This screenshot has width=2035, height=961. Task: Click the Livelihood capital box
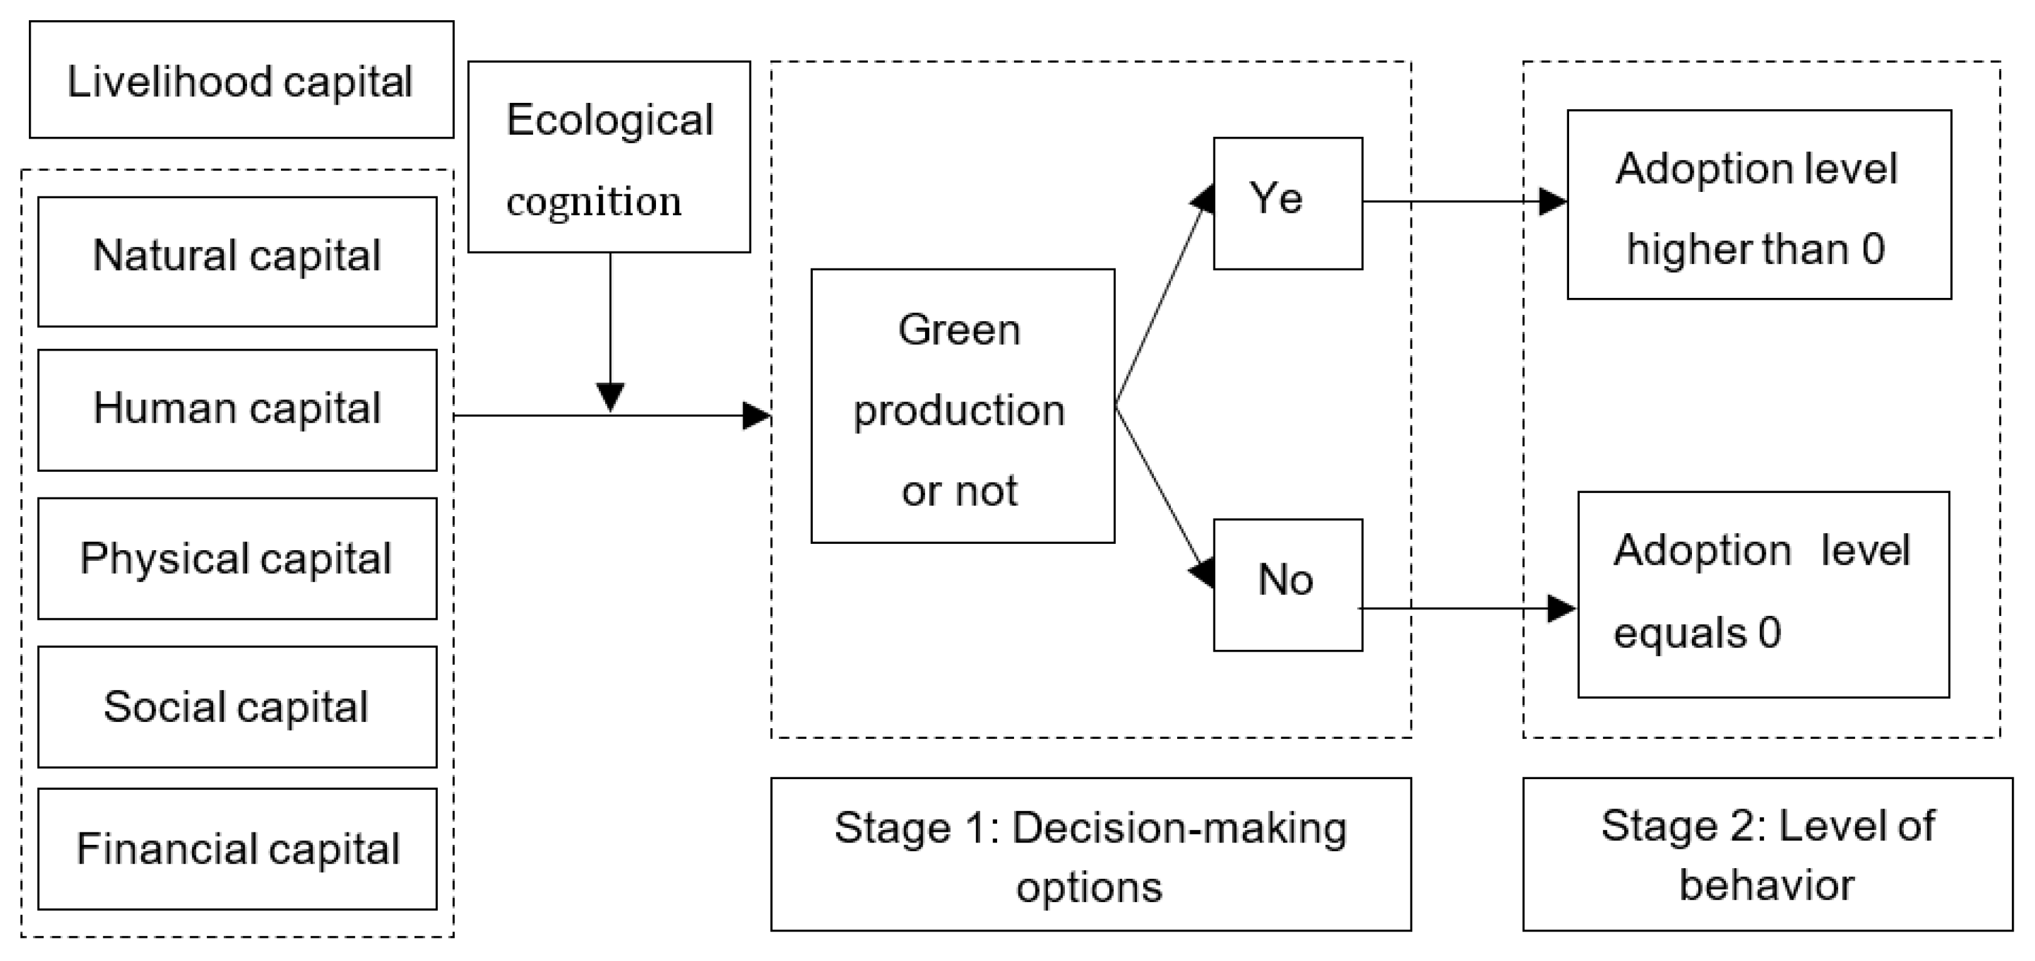point(241,80)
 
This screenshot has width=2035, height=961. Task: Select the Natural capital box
point(237,261)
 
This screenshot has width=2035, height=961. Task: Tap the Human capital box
point(237,410)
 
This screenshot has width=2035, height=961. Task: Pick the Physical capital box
point(237,558)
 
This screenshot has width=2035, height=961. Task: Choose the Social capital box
point(237,706)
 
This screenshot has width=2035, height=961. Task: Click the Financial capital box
point(237,848)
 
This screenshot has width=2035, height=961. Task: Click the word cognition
point(594,201)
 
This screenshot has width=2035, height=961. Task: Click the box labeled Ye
point(1287,203)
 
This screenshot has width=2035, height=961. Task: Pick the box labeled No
point(1287,584)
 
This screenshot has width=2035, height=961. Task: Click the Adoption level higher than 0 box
point(1758,204)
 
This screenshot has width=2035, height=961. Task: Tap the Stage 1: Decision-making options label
point(1090,854)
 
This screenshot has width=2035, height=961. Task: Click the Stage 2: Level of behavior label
point(1767,854)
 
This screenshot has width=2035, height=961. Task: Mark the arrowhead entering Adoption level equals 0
point(1561,608)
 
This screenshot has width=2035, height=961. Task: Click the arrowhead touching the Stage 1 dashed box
point(756,415)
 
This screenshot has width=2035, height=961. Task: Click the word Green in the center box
point(959,329)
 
